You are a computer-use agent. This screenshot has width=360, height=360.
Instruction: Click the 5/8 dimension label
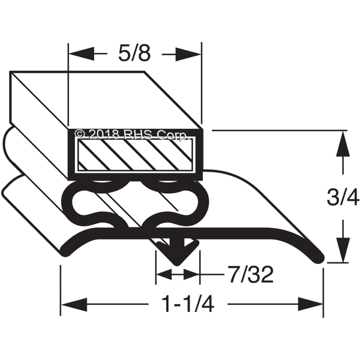click(134, 55)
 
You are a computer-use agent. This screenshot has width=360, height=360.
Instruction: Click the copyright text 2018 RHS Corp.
click(137, 133)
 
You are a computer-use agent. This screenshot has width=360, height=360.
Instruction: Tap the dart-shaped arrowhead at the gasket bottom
click(178, 251)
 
